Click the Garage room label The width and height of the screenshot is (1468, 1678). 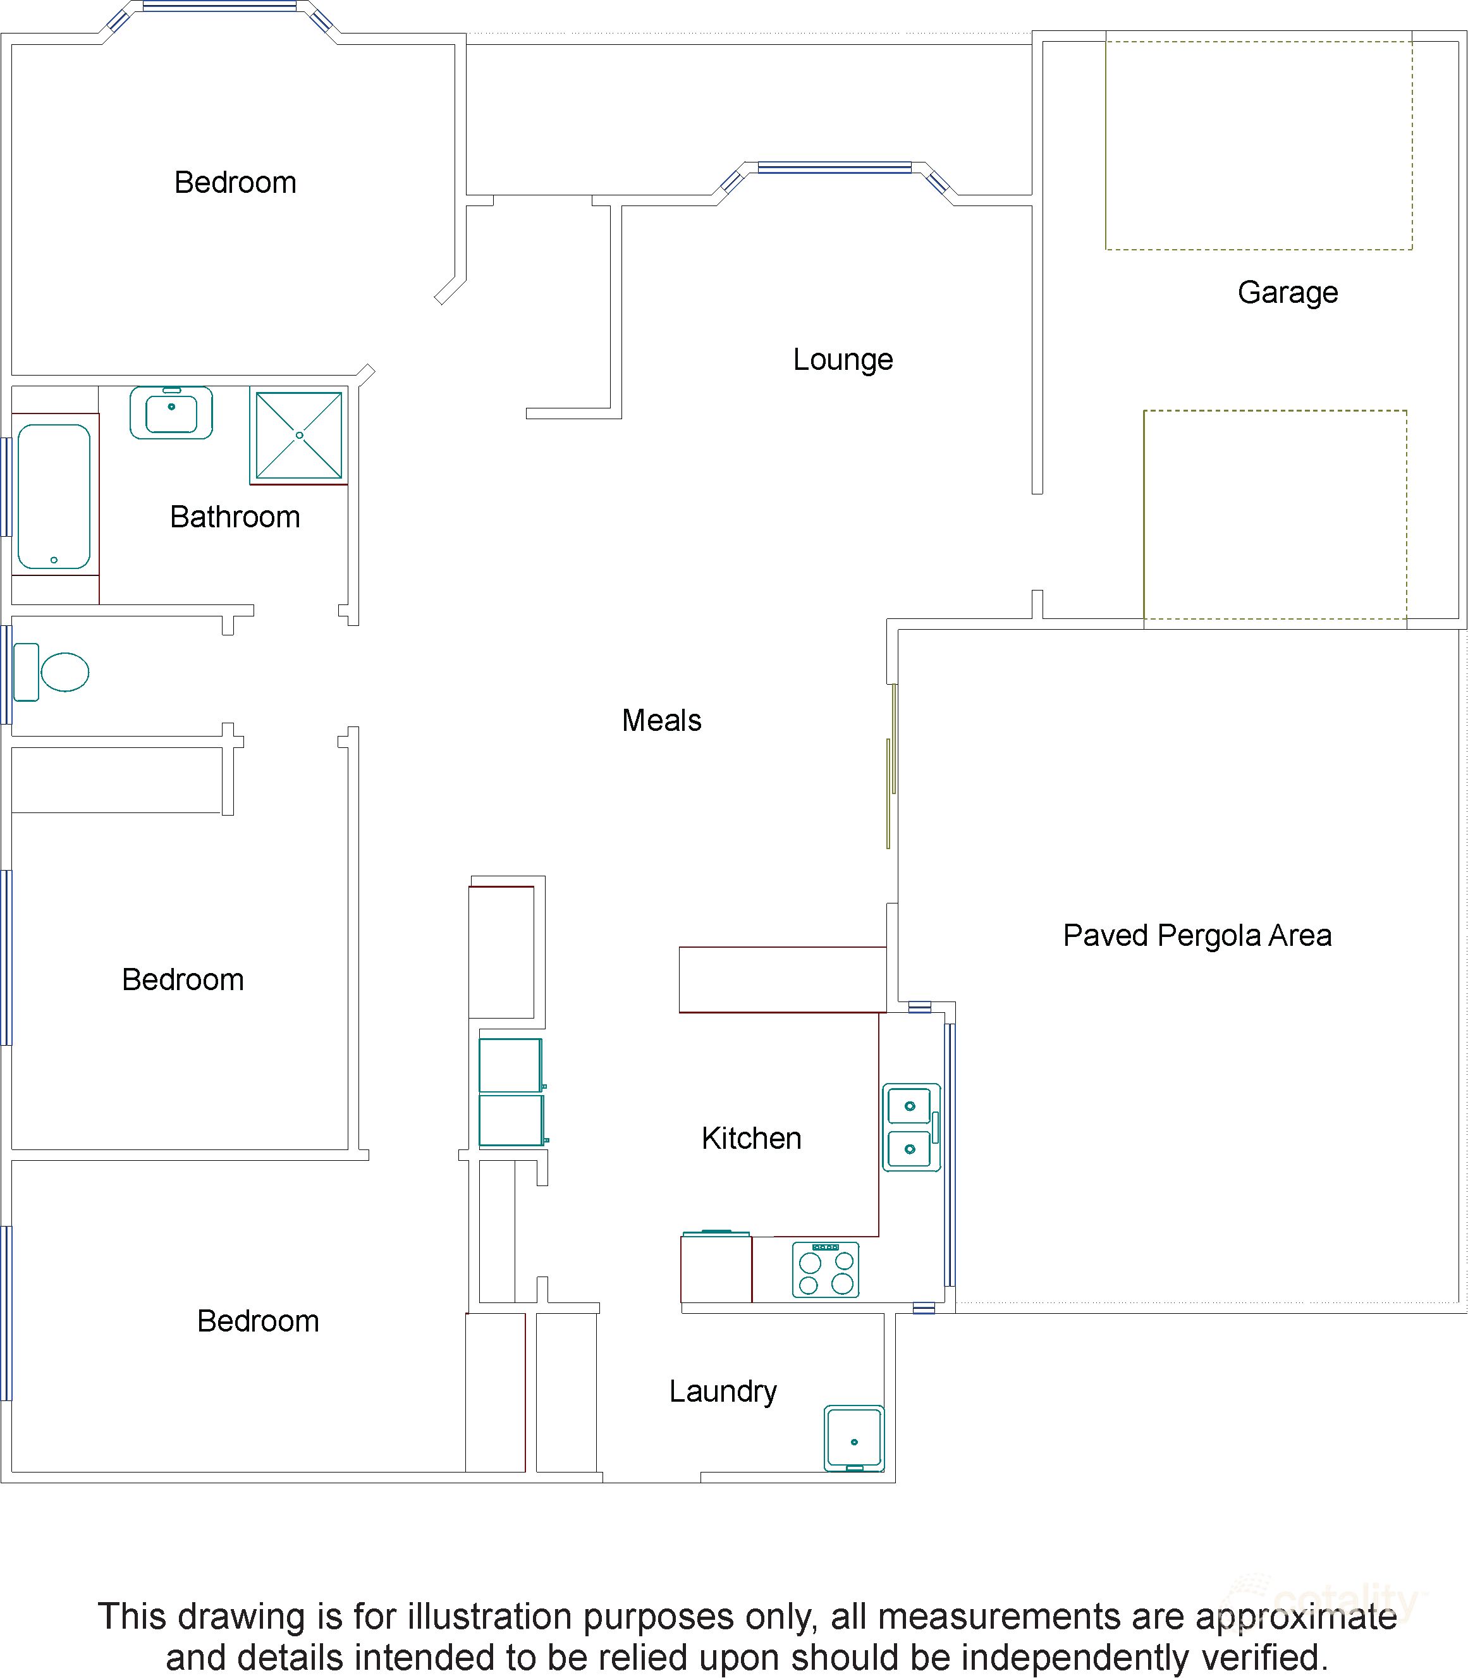pos(1288,293)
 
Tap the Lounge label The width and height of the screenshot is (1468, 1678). pos(843,360)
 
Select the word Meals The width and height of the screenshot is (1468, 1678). pos(662,720)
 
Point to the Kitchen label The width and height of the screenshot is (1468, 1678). pos(751,1138)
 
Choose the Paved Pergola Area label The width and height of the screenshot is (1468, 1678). pos(1197,936)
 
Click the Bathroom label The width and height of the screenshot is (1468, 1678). pos(235,517)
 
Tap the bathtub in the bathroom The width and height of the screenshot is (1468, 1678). pos(54,496)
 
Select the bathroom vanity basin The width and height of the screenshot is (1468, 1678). pos(171,413)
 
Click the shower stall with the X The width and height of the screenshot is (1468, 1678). pos(299,435)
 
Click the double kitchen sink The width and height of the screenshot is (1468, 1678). pos(911,1127)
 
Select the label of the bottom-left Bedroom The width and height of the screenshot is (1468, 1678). pos(258,1321)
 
